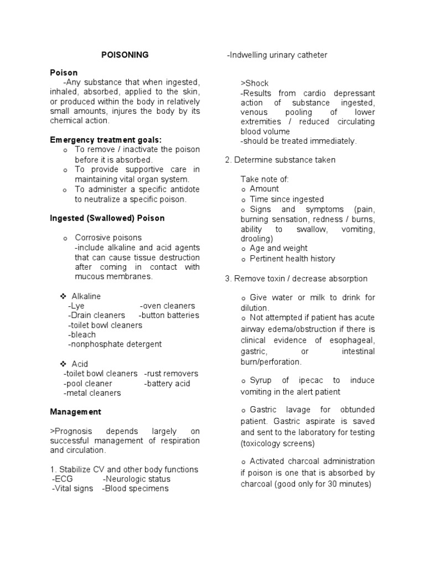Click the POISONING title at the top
(x=125, y=55)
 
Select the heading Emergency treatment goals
(x=106, y=140)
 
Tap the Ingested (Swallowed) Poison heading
(x=107, y=218)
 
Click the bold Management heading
(x=75, y=412)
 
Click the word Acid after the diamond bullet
(x=81, y=364)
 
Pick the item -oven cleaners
(x=167, y=306)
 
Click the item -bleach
(x=81, y=334)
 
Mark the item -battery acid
(x=167, y=384)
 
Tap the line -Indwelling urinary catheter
(x=277, y=55)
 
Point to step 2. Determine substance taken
(x=280, y=160)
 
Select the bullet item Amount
(x=264, y=188)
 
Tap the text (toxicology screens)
(x=277, y=443)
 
